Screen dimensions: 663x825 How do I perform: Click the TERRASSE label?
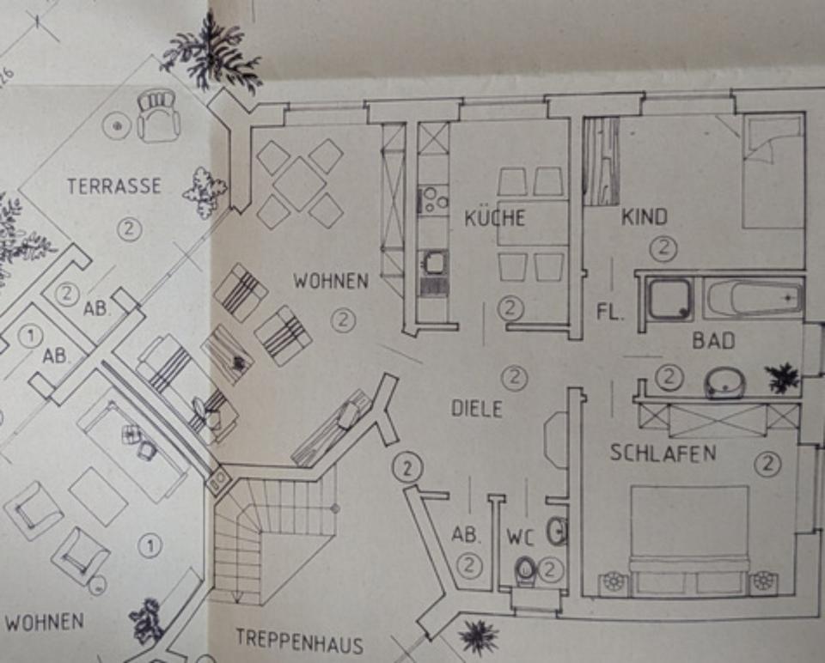114,186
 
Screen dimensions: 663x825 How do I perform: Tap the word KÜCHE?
494,217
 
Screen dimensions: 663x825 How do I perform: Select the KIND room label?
644,217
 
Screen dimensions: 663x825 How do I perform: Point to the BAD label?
714,341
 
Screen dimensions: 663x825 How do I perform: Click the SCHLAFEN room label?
663,453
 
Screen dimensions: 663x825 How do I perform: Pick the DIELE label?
476,409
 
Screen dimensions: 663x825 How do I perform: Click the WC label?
520,538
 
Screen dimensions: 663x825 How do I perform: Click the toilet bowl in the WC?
523,569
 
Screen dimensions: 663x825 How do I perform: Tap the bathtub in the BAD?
754,298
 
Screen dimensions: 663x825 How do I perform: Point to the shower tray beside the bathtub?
670,300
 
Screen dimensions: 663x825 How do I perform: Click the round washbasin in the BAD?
724,381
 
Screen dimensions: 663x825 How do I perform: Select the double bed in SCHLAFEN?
689,537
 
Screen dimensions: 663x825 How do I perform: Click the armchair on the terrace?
157,116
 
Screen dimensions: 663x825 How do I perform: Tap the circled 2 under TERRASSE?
129,229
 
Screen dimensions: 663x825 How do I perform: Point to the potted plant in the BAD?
782,377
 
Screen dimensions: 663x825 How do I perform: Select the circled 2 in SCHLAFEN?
767,465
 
